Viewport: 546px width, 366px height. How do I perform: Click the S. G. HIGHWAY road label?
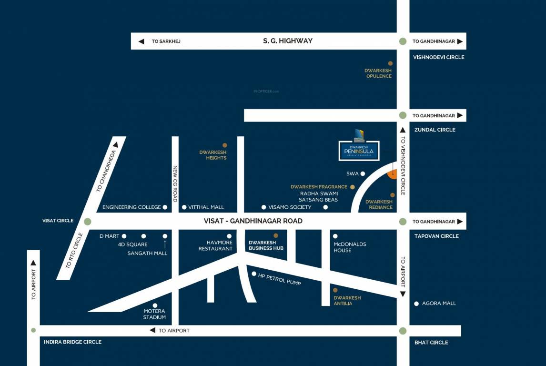click(288, 41)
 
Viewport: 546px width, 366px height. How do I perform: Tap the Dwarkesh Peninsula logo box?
click(359, 151)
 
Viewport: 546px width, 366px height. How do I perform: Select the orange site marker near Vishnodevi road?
click(393, 174)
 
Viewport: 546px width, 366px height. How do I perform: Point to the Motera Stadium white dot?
click(155, 305)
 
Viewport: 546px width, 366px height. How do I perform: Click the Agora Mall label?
click(439, 304)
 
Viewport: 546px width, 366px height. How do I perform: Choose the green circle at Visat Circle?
click(87, 221)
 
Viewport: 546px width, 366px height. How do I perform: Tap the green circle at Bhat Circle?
click(403, 331)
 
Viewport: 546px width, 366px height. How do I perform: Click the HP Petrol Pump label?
click(279, 279)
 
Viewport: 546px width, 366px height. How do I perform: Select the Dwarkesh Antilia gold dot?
click(335, 290)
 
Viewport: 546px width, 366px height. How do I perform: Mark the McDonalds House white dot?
click(335, 236)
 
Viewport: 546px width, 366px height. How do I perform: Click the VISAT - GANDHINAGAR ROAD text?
click(253, 221)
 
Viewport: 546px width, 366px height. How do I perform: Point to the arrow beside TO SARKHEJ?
click(141, 41)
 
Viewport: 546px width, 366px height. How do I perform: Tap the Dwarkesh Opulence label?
click(378, 73)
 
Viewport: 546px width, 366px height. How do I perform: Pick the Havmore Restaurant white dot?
click(229, 236)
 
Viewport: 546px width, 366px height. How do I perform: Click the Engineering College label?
click(131, 207)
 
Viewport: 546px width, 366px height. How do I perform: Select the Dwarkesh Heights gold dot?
click(225, 145)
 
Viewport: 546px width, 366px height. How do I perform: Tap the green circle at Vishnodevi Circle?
click(403, 41)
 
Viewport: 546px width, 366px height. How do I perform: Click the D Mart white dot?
click(124, 236)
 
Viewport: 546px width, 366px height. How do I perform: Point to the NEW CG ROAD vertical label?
click(175, 183)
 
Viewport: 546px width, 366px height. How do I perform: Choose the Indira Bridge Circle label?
click(72, 342)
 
